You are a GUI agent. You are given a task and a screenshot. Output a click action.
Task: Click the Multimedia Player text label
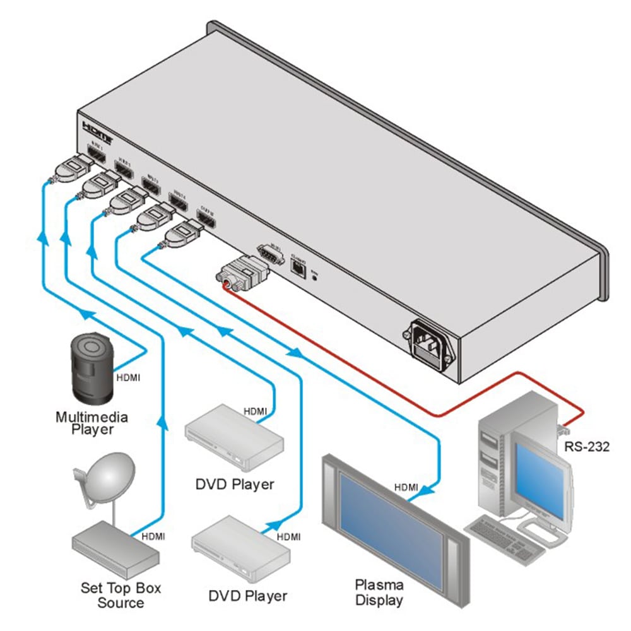pos(91,423)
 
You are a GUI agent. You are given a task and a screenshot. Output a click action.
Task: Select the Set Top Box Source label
pos(121,595)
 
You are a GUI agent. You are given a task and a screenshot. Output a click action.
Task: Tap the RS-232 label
pos(587,447)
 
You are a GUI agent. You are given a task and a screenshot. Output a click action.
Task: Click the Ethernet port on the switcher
pos(297,268)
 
